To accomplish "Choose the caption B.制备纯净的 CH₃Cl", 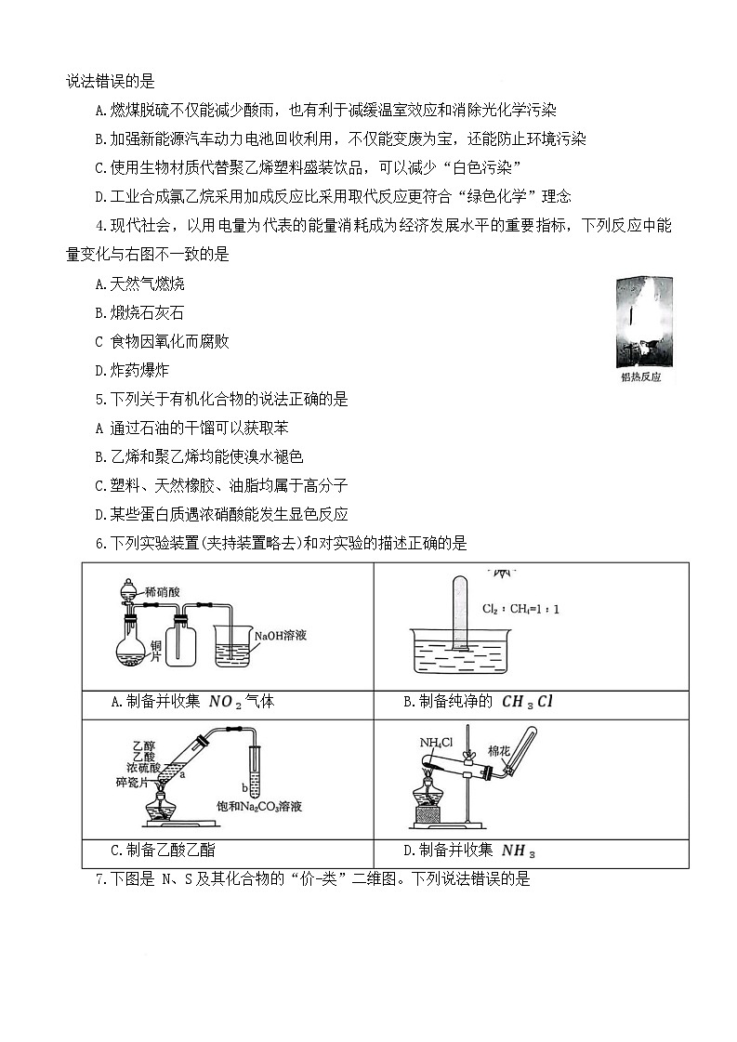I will (x=478, y=702).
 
